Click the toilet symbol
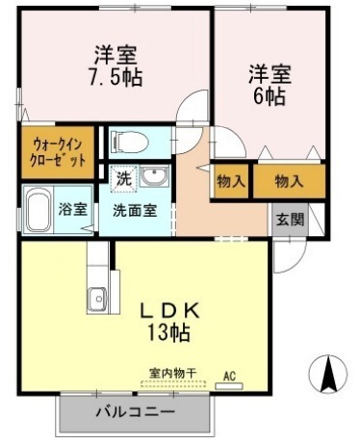point(130,142)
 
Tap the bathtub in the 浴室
point(39,210)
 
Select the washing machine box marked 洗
point(123,179)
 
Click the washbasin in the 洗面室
point(154,176)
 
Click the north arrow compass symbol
point(328,374)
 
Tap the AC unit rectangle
point(229,386)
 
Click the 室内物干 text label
point(172,373)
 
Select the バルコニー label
point(136,411)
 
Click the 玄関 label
point(290,220)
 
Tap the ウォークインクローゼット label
point(58,152)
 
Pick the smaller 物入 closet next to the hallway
point(231,181)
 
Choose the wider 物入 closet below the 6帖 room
point(289,181)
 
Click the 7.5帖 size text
point(116,77)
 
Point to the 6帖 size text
point(270,96)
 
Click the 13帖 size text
point(168,331)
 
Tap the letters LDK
point(170,310)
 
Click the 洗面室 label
point(135,211)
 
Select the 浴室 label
point(73,209)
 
